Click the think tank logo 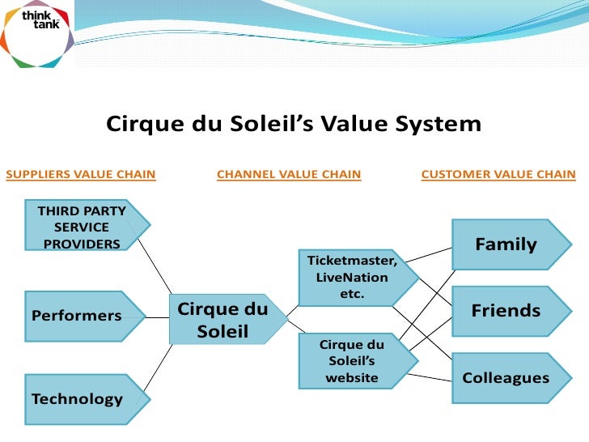point(36,34)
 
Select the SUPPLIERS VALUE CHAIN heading point(81,174)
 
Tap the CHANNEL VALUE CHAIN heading point(289,174)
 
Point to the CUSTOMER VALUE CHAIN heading point(498,174)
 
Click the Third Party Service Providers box point(85,227)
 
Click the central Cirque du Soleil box point(222,320)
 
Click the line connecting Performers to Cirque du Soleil point(157,317)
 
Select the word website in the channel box point(352,378)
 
